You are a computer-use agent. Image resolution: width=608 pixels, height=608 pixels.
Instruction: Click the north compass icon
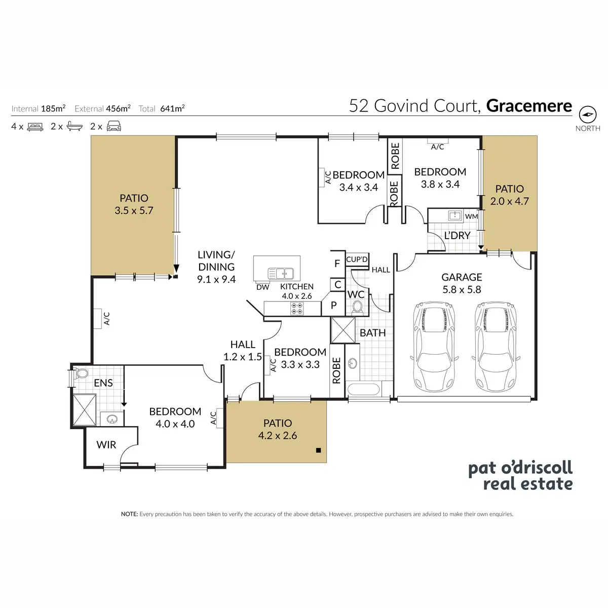point(587,114)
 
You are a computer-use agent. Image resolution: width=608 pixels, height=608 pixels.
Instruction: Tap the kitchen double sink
point(281,273)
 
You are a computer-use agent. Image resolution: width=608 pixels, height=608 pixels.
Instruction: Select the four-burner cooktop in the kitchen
point(296,308)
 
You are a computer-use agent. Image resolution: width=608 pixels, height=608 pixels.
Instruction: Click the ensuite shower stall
point(85,409)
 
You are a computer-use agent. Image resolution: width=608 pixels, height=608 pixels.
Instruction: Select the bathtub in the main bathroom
point(363,389)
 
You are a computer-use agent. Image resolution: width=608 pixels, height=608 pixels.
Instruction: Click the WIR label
point(106,444)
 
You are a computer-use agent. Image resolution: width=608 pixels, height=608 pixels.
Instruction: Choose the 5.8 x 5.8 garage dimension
point(462,289)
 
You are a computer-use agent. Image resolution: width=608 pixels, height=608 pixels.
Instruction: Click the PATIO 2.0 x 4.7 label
point(509,195)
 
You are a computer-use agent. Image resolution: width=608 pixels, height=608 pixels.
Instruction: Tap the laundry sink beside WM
point(455,216)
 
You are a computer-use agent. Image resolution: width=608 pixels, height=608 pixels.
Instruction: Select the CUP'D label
point(357,259)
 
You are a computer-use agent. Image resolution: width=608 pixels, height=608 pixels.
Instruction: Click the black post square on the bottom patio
point(318,450)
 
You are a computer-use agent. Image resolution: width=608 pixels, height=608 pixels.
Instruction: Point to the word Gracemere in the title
point(529,106)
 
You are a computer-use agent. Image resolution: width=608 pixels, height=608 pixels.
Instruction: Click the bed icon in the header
point(35,127)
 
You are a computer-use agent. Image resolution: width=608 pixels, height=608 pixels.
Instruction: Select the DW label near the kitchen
point(262,287)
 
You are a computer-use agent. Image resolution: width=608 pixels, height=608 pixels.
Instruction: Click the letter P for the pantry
point(333,305)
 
